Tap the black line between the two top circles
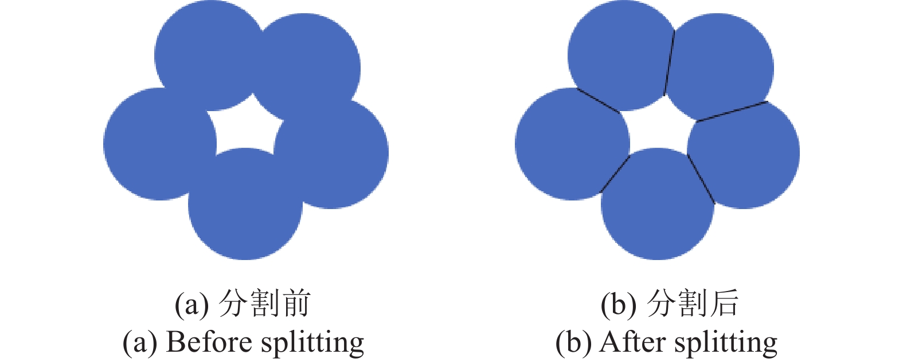click(x=669, y=62)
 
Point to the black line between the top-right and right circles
click(x=733, y=111)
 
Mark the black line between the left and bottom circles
click(x=615, y=174)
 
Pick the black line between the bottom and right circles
click(x=701, y=179)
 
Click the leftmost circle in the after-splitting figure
click(x=572, y=144)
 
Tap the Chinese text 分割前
click(x=264, y=303)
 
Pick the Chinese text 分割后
click(x=693, y=303)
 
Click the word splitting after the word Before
click(x=312, y=343)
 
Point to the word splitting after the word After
click(x=726, y=343)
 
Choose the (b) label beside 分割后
click(x=619, y=304)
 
